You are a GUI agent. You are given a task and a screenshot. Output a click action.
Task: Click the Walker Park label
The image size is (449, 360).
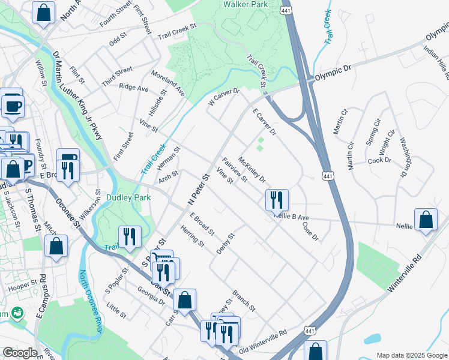click(244, 4)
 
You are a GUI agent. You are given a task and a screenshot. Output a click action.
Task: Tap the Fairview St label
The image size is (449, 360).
click(234, 170)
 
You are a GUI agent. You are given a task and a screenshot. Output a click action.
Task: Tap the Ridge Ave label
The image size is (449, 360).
click(133, 88)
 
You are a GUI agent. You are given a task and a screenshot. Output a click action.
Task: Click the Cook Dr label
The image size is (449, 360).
click(379, 160)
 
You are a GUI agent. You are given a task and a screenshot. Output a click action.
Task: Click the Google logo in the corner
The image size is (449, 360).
click(20, 353)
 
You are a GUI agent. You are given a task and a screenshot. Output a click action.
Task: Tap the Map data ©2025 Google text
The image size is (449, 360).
click(412, 355)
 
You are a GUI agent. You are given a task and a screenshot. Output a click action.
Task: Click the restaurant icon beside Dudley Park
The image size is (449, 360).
click(130, 236)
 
